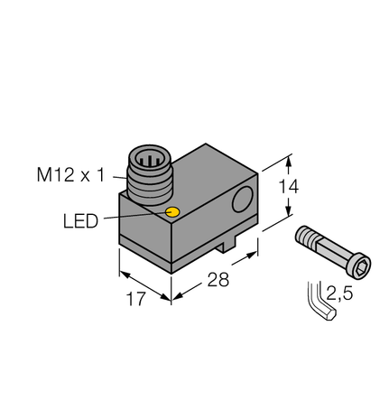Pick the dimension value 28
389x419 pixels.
click(217, 279)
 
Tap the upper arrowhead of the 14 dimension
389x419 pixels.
click(289, 162)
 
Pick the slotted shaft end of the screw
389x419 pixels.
click(305, 238)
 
